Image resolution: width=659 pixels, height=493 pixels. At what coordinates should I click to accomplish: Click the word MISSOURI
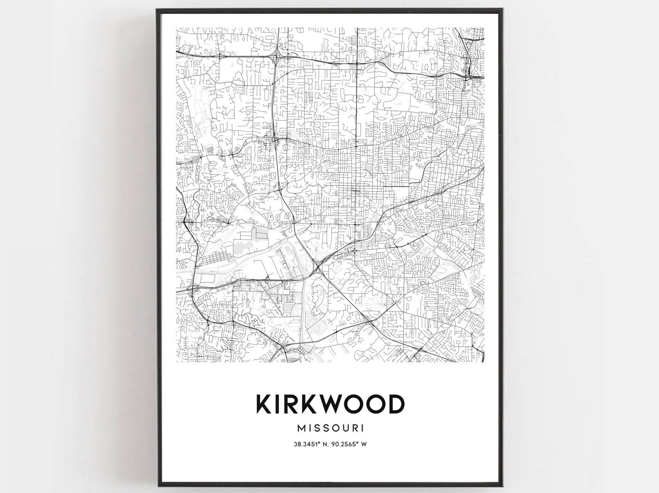[330, 427]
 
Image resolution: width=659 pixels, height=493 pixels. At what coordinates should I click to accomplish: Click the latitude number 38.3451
[304, 444]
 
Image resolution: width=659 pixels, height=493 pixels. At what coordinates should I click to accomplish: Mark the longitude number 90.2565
[344, 444]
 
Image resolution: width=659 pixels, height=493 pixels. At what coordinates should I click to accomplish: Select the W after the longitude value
[364, 444]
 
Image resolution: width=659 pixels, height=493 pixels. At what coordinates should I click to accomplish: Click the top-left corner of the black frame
[157, 10]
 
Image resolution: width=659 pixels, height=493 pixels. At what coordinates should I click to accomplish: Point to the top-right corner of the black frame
[504, 10]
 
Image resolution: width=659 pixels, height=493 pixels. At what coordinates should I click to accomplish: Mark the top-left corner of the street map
[176, 28]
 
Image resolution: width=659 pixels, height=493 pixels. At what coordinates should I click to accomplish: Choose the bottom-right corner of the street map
[484, 362]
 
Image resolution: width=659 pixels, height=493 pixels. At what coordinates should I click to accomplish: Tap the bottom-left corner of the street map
[176, 362]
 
